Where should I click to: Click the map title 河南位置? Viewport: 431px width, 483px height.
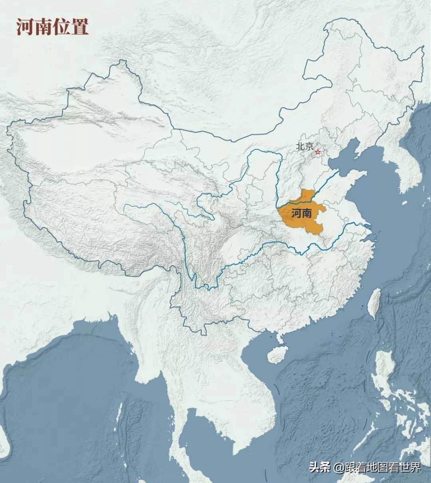[x=52, y=27]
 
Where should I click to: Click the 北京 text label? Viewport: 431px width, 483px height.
[x=304, y=146]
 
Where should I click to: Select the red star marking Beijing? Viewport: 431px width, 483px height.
[x=318, y=152]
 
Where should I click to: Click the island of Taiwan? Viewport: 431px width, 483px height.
[x=374, y=303]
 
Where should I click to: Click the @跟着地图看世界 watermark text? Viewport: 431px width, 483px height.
[x=377, y=467]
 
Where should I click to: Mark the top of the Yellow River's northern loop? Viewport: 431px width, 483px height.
[x=263, y=151]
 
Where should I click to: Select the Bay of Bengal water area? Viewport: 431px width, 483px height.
[x=60, y=399]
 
